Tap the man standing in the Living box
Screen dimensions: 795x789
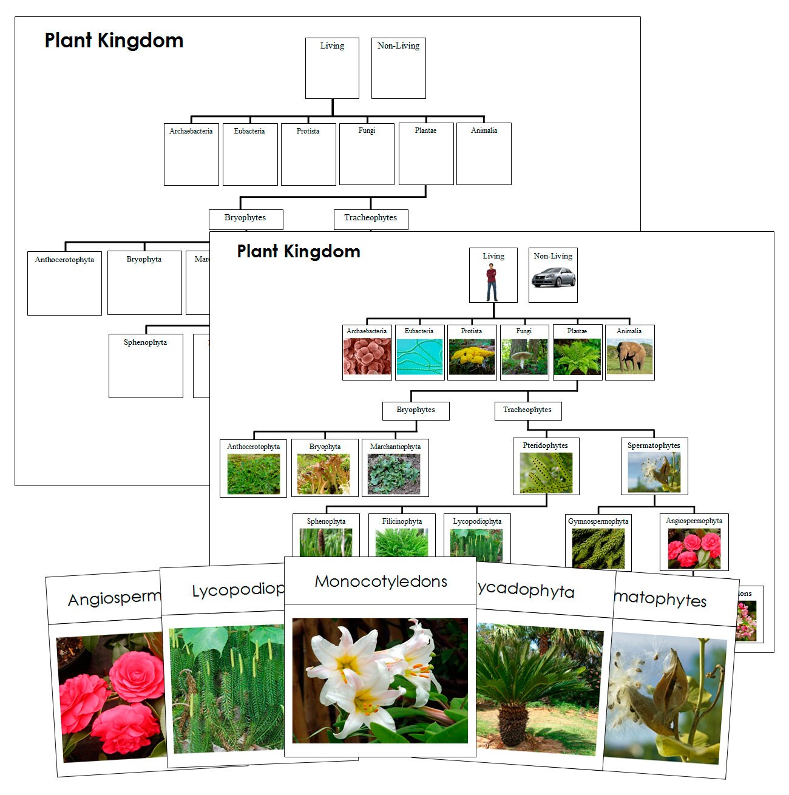coord(492,282)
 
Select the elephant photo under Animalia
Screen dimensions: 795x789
coord(629,356)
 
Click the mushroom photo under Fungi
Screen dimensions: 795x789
coord(523,356)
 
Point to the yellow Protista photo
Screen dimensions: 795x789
coord(472,356)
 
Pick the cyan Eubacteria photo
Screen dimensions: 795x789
coord(419,357)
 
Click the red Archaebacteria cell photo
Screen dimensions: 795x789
coord(367,356)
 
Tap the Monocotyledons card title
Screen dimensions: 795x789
coord(381,581)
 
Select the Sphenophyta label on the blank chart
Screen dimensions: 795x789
coord(145,342)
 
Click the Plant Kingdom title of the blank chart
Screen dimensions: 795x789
coord(114,41)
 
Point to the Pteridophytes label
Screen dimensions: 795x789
coord(545,445)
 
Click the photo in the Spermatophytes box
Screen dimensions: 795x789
coord(654,472)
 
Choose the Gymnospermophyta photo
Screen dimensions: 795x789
coord(598,548)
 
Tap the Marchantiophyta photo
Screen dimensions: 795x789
coord(394,474)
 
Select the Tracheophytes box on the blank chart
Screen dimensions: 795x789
coord(370,218)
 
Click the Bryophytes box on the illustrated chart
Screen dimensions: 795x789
coord(416,410)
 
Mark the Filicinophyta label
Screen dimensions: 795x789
coord(402,521)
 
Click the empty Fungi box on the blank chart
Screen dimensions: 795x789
coord(367,155)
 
